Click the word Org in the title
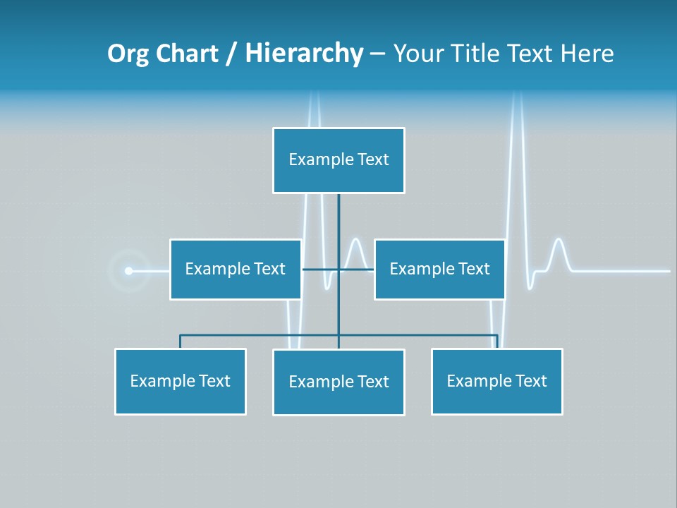pos(128,54)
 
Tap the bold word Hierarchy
pos(304,54)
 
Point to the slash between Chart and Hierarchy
pos(231,54)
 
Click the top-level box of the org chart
pos(338,160)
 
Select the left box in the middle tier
pos(236,270)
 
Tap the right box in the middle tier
pos(439,270)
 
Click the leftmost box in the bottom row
pos(180,382)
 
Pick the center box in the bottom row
pos(338,382)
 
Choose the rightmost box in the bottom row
pos(496,382)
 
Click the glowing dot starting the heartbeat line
pos(128,270)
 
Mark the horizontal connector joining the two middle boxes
pos(321,270)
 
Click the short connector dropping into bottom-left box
pos(180,341)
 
